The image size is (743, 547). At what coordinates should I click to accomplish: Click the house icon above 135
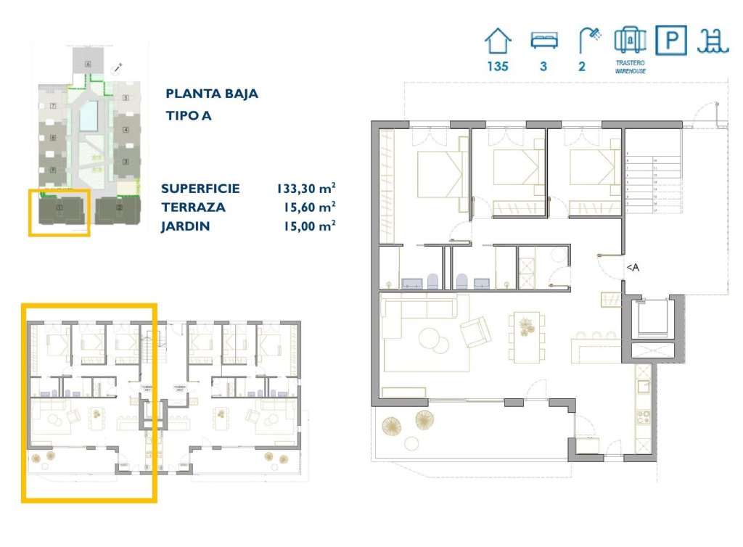click(x=498, y=41)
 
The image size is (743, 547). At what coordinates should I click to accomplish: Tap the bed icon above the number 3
click(x=543, y=41)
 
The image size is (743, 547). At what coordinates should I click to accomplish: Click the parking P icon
click(x=671, y=41)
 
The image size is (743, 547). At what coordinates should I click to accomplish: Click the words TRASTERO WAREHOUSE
click(x=630, y=67)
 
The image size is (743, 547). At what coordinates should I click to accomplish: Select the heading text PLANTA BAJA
click(x=212, y=94)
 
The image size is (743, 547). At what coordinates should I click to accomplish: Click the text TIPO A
click(x=189, y=115)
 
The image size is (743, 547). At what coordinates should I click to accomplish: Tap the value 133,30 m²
click(x=305, y=189)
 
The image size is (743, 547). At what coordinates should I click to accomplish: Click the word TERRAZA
click(x=193, y=207)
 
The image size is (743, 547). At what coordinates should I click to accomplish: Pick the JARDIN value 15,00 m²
click(x=309, y=226)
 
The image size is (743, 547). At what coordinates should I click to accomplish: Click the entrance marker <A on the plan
click(x=633, y=268)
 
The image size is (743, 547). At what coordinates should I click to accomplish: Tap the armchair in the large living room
click(x=475, y=332)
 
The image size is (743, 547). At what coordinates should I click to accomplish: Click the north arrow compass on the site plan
click(x=117, y=68)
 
